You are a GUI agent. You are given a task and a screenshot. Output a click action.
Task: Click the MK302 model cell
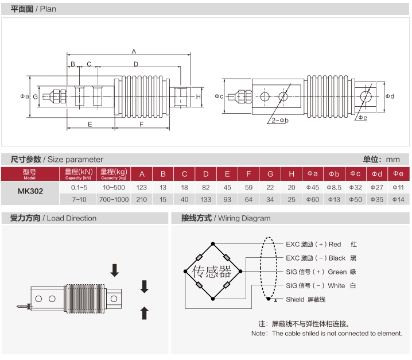[30, 192]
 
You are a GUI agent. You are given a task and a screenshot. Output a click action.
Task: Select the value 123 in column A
[142, 187]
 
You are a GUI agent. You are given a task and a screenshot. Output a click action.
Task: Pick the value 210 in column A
[142, 199]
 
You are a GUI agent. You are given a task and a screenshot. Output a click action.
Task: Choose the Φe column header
[398, 174]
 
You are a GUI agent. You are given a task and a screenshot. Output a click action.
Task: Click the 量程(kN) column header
[79, 174]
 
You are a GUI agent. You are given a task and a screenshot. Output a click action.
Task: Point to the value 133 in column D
[205, 199]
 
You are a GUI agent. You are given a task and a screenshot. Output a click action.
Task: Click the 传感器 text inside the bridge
[212, 271]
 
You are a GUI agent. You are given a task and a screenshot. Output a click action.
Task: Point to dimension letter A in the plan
[134, 51]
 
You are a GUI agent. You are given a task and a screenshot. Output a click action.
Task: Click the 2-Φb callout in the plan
[280, 120]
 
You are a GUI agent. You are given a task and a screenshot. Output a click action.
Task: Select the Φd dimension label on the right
[390, 96]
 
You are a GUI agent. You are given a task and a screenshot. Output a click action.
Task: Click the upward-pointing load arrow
[145, 313]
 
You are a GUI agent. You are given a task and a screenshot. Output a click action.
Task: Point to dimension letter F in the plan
[142, 124]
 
